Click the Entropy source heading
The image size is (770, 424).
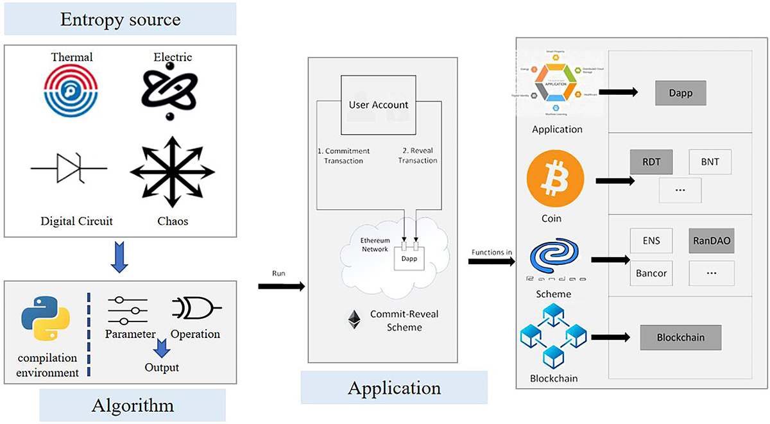pos(120,19)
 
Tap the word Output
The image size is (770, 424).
pos(161,368)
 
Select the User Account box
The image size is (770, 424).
pos(378,105)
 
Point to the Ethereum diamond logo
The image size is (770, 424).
pos(354,319)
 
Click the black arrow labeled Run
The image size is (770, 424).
pos(281,286)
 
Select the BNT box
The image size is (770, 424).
pos(710,162)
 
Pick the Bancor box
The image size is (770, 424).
pos(651,273)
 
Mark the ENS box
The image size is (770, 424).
pos(651,241)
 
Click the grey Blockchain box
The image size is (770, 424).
pos(681,337)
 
